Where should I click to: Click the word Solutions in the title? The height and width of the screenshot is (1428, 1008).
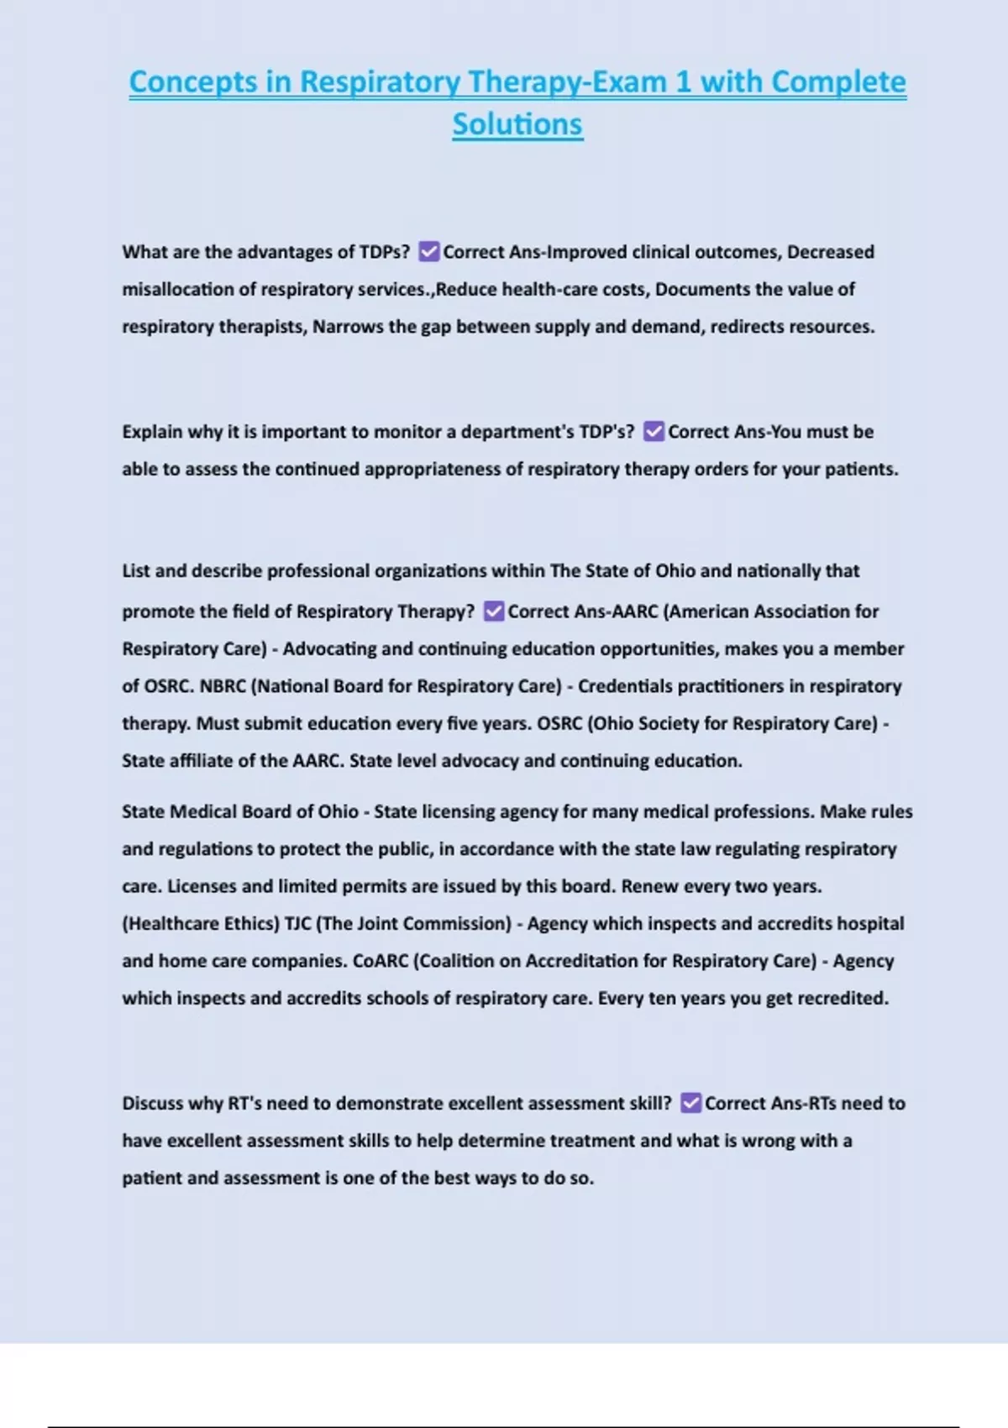[517, 124]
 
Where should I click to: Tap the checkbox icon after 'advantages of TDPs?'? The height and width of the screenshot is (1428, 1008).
[428, 251]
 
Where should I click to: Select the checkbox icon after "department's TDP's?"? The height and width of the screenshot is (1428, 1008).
[654, 431]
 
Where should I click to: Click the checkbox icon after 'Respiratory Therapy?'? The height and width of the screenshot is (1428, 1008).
[494, 611]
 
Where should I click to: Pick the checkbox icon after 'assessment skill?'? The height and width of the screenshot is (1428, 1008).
[690, 1103]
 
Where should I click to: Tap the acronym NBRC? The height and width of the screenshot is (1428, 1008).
[223, 685]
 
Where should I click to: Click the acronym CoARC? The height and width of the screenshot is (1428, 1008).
[381, 960]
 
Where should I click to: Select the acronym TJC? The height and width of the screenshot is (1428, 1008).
[297, 923]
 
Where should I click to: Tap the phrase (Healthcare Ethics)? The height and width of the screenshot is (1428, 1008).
[201, 923]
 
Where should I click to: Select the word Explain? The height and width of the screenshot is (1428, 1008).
[152, 432]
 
